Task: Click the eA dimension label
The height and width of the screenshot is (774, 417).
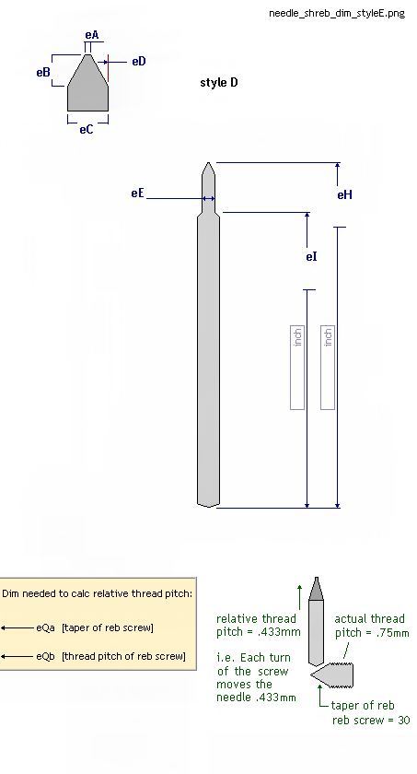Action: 92,35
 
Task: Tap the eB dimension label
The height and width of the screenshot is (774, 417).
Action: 43,72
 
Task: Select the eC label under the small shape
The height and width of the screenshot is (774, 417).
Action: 87,129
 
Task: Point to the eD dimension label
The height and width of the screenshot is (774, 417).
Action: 139,61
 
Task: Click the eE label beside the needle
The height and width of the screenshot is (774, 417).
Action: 137,193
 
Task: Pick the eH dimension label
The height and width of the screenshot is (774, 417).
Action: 344,195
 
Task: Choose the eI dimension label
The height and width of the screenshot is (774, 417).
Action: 311,257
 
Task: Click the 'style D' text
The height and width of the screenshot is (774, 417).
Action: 219,82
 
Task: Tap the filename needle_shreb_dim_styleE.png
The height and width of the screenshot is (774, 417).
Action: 337,13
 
